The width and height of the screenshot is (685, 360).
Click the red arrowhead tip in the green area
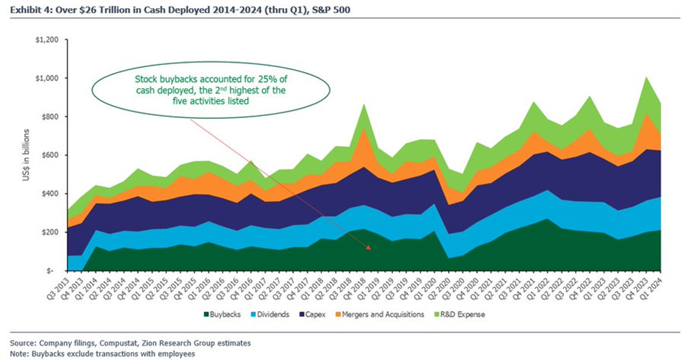[x=369, y=249]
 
